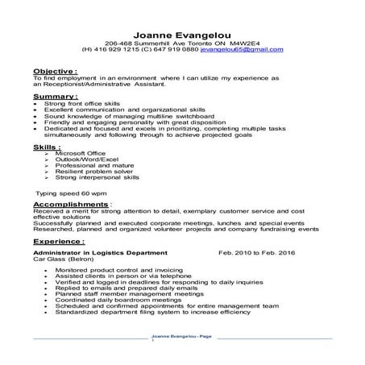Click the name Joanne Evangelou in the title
coord(182,35)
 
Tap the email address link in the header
coord(241,50)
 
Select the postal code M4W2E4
coord(242,44)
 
